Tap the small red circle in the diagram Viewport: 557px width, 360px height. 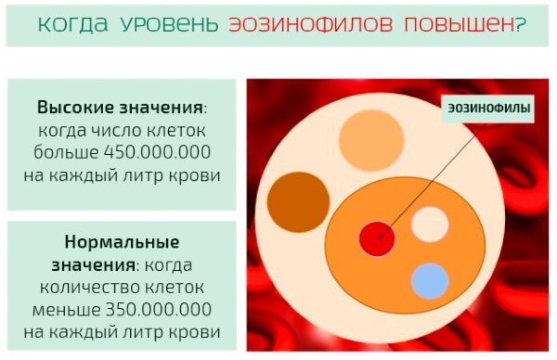377,238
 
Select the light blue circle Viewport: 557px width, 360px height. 430,281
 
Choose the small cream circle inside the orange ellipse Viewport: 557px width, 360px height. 430,224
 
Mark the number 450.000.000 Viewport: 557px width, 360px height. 158,152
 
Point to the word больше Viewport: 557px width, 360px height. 71,152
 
